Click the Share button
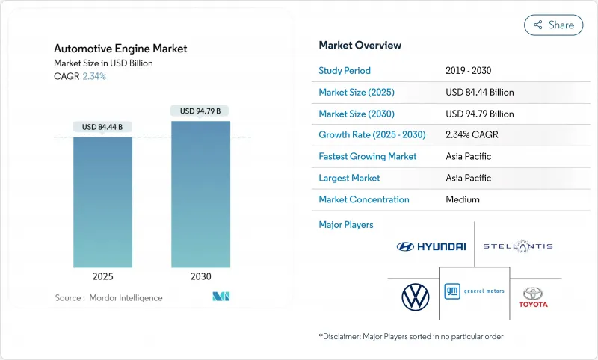click(553, 25)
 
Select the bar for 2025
click(103, 202)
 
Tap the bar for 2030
click(200, 194)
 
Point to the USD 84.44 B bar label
click(103, 127)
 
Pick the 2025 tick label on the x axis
click(103, 276)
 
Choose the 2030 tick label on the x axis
click(200, 276)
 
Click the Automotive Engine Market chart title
click(120, 49)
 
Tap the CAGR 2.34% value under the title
click(93, 76)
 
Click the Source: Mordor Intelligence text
click(109, 298)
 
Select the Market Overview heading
click(360, 46)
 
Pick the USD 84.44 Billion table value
click(479, 93)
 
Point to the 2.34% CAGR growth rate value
click(472, 135)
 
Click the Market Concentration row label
click(364, 199)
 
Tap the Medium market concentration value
click(462, 199)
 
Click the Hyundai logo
click(431, 246)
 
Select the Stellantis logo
click(517, 246)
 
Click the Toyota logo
click(534, 297)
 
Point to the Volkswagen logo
click(415, 297)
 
